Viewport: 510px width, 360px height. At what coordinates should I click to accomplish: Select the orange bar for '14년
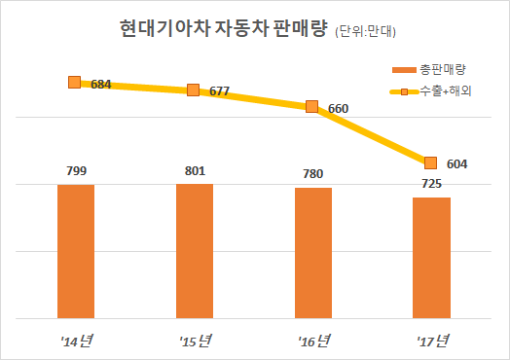(76, 250)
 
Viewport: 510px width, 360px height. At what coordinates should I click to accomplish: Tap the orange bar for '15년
(195, 250)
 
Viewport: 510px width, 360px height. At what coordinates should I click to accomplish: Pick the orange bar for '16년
(312, 252)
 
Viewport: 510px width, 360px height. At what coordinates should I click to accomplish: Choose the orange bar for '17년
(431, 257)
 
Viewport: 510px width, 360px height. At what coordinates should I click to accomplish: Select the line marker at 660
(312, 107)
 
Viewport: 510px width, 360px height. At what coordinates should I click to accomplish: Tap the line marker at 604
(431, 162)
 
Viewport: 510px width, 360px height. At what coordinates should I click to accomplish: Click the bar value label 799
(76, 170)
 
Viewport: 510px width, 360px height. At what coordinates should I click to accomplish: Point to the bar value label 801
(195, 170)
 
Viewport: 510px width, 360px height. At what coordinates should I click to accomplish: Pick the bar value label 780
(312, 174)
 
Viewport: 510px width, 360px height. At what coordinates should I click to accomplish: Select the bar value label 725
(431, 184)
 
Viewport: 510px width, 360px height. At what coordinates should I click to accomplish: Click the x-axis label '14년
(76, 340)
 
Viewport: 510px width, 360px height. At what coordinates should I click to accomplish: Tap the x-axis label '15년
(195, 340)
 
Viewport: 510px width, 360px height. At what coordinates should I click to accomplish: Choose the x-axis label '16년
(312, 340)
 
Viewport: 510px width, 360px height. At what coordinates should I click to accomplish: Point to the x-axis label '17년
(431, 340)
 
